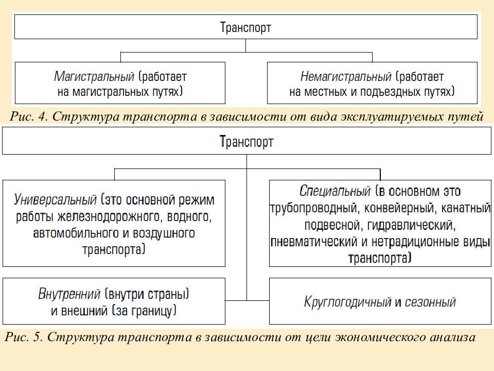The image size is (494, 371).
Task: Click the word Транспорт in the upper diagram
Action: [245, 27]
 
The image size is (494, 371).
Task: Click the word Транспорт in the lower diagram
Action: [246, 141]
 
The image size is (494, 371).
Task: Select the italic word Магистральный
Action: [94, 77]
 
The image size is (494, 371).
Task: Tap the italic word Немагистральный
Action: [346, 77]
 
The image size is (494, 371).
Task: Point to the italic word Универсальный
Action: [55, 200]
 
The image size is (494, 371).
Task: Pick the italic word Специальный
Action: [335, 191]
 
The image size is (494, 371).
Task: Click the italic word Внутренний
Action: [69, 294]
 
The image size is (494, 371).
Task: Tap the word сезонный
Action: [430, 302]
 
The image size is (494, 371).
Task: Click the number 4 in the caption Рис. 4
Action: [42, 116]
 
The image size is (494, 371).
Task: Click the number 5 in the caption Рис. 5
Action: [37, 337]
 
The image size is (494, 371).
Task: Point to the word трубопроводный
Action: [315, 208]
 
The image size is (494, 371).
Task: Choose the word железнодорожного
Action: [109, 217]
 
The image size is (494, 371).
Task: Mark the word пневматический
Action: [314, 242]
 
